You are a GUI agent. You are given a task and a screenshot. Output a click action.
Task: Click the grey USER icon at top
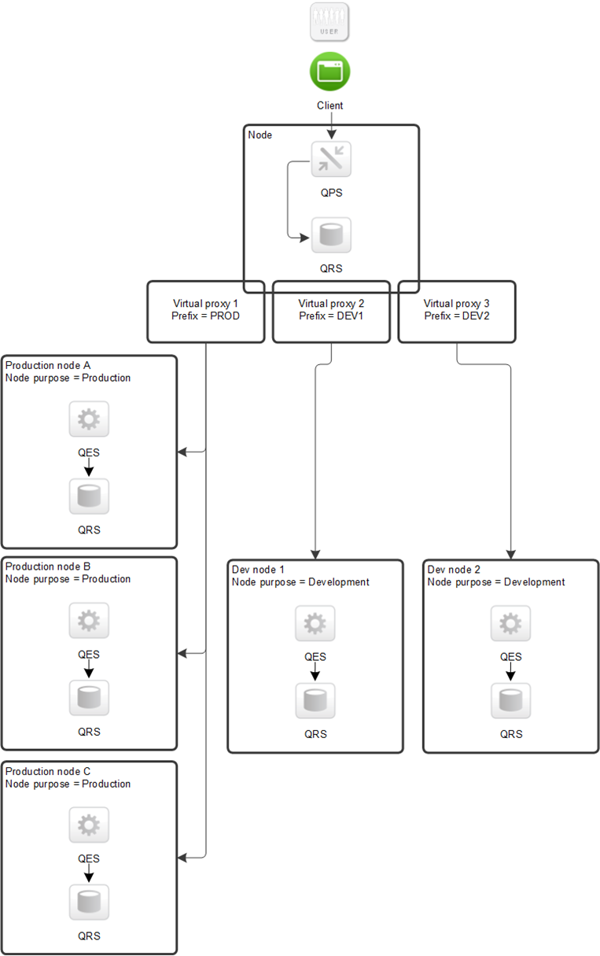(329, 22)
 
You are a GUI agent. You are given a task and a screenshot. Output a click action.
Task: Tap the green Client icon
(329, 72)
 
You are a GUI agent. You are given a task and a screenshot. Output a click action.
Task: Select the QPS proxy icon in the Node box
(331, 160)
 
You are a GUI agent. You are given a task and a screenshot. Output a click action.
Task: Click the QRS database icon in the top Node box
(331, 235)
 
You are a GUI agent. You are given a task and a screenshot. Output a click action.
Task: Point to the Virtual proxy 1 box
(205, 311)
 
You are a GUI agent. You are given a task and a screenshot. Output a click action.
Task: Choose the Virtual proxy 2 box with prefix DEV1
(331, 311)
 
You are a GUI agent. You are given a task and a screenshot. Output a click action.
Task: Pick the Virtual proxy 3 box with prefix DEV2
(456, 311)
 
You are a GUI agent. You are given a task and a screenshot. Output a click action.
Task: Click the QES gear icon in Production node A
(89, 419)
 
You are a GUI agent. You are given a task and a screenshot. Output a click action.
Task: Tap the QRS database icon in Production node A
(89, 496)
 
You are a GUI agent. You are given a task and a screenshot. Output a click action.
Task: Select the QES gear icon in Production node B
(89, 621)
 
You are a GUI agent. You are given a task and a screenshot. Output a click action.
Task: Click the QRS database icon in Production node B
(89, 697)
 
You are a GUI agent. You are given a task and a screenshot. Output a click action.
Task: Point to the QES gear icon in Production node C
(89, 825)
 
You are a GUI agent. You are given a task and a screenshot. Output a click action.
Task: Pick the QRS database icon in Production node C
(89, 902)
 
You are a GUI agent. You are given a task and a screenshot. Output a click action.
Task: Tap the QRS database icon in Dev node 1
(315, 700)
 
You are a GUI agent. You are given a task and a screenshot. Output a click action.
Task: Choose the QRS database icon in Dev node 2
(510, 700)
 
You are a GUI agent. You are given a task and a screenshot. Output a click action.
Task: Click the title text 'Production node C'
(48, 772)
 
